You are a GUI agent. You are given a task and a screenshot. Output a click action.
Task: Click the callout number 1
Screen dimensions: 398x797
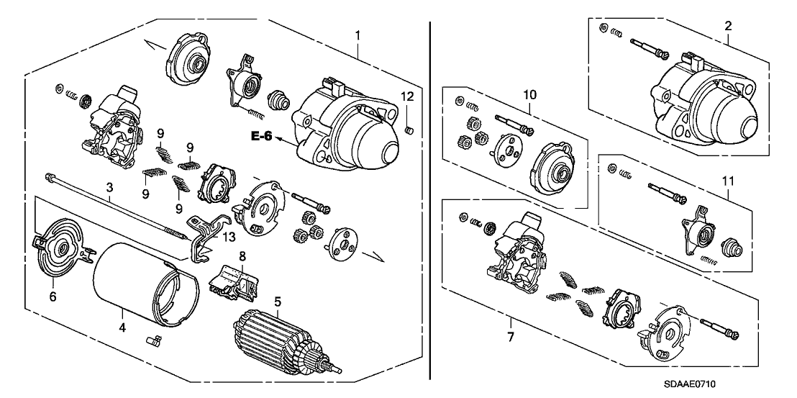[357, 35]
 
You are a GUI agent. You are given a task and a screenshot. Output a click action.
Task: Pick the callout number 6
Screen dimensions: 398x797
[53, 294]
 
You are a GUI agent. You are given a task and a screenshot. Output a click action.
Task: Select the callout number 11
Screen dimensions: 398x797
[727, 173]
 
